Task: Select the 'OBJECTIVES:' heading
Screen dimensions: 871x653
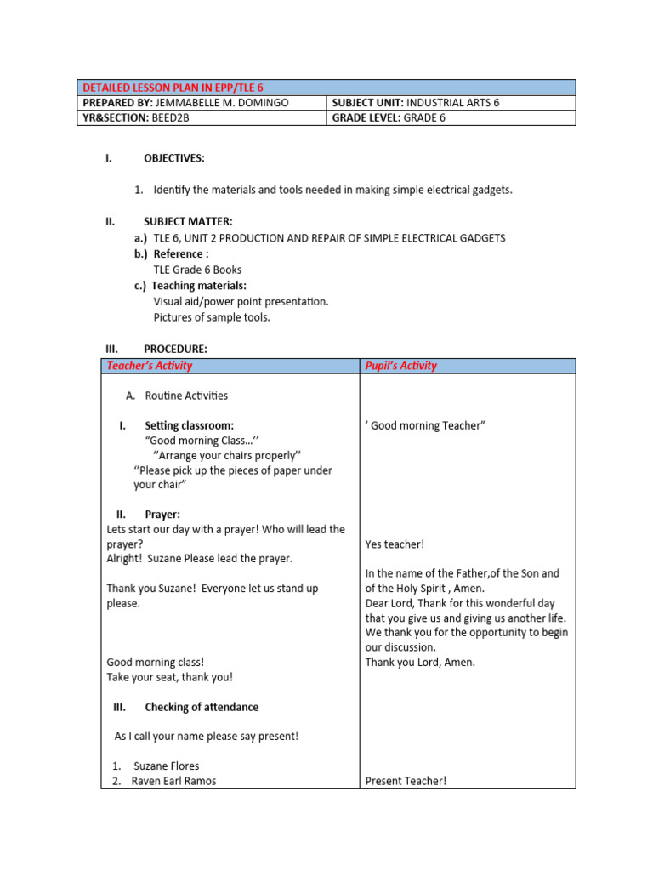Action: click(174, 158)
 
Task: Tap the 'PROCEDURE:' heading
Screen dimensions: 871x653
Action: click(175, 349)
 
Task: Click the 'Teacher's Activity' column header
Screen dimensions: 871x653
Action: click(149, 366)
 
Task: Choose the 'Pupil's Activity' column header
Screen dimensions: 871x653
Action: click(400, 366)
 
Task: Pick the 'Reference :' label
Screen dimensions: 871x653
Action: click(181, 254)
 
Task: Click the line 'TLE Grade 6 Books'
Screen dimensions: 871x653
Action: click(197, 270)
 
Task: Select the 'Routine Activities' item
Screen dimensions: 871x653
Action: click(186, 396)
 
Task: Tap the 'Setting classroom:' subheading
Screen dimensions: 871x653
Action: click(189, 425)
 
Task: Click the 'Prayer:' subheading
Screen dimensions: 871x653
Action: click(162, 515)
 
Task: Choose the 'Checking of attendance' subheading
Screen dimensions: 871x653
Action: click(202, 707)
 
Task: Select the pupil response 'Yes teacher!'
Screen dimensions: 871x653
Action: click(395, 544)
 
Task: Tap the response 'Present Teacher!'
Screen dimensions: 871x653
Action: click(406, 781)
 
